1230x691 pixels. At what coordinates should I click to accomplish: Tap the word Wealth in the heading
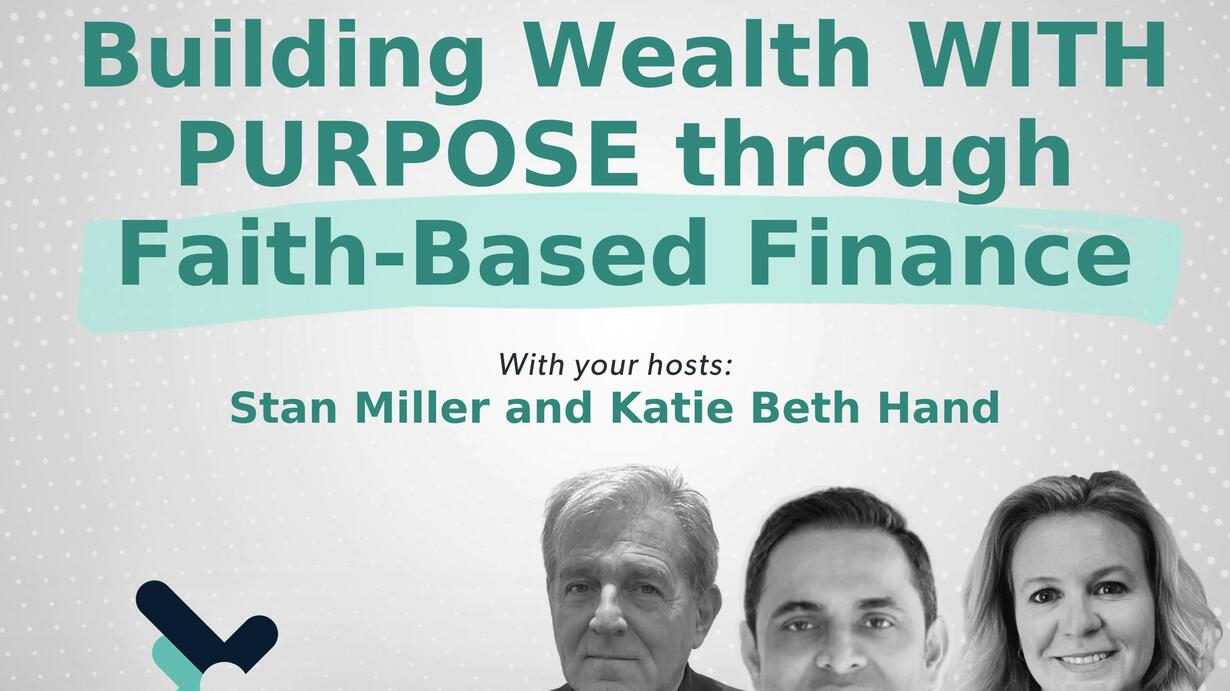pyautogui.click(x=696, y=54)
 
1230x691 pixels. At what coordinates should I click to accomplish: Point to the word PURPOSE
pyautogui.click(x=409, y=154)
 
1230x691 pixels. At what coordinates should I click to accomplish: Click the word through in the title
pyautogui.click(x=873, y=160)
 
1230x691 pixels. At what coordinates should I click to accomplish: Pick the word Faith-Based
pyautogui.click(x=412, y=252)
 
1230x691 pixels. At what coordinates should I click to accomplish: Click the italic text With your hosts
pyautogui.click(x=616, y=365)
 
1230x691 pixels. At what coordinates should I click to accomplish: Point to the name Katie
pyautogui.click(x=671, y=408)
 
